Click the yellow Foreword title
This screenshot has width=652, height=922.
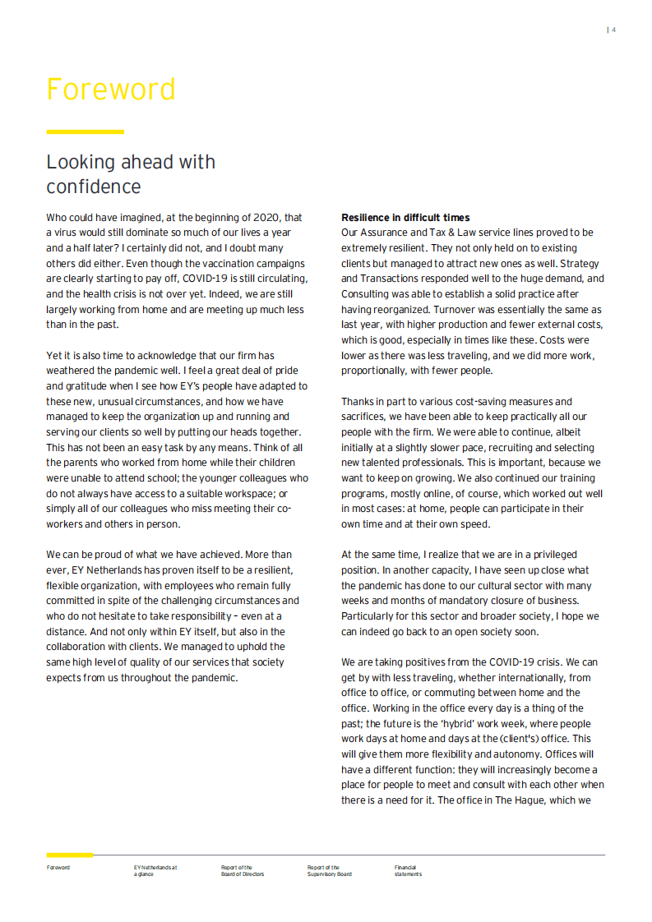click(111, 90)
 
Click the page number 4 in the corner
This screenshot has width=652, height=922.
click(613, 30)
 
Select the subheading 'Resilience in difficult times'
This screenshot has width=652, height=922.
click(405, 218)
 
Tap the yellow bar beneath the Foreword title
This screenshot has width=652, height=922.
click(85, 131)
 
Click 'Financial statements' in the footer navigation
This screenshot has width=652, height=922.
click(408, 870)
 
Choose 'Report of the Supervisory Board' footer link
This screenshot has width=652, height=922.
click(329, 870)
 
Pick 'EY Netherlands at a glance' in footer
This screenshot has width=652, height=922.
click(155, 870)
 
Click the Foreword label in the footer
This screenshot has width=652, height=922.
click(58, 867)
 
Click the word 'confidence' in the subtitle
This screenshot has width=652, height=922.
click(94, 187)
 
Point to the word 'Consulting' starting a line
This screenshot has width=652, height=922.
click(368, 295)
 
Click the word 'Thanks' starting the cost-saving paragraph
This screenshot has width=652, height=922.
click(358, 402)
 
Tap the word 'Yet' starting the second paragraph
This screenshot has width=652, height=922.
click(55, 356)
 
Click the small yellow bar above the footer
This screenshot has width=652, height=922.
click(69, 855)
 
